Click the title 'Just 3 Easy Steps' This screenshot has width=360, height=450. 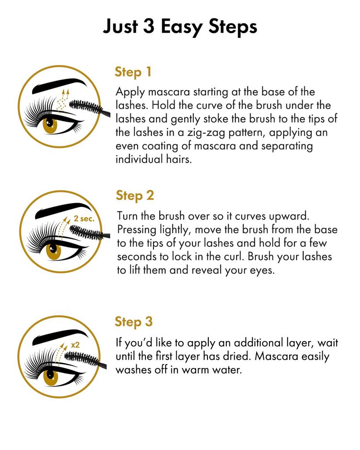pos(180,26)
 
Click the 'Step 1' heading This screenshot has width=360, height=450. pos(133,72)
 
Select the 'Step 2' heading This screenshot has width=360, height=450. pos(135,195)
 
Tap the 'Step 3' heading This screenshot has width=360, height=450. pos(134,321)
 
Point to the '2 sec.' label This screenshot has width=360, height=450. pos(84,218)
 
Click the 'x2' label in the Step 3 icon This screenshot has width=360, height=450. pos(75,345)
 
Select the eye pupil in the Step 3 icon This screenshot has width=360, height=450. pos(50,376)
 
